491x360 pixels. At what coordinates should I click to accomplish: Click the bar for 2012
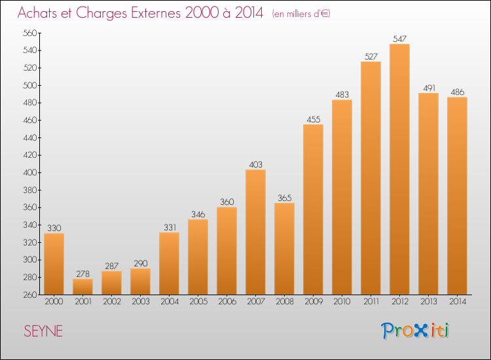[399, 169]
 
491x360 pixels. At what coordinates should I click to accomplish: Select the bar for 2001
[82, 287]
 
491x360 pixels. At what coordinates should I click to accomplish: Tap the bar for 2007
[255, 232]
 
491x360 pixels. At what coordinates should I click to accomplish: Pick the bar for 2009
[313, 209]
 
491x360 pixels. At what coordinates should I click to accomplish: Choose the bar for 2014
[457, 196]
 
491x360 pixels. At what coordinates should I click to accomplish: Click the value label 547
[399, 39]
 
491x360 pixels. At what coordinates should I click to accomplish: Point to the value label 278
[82, 274]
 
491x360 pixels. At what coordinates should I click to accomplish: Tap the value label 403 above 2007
[255, 164]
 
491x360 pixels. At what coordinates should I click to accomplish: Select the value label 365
[284, 198]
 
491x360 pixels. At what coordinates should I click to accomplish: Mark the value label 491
[428, 88]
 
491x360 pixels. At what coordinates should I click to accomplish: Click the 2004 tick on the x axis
[169, 302]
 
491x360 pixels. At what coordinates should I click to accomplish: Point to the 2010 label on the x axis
[342, 302]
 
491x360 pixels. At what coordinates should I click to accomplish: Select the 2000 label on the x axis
[54, 302]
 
